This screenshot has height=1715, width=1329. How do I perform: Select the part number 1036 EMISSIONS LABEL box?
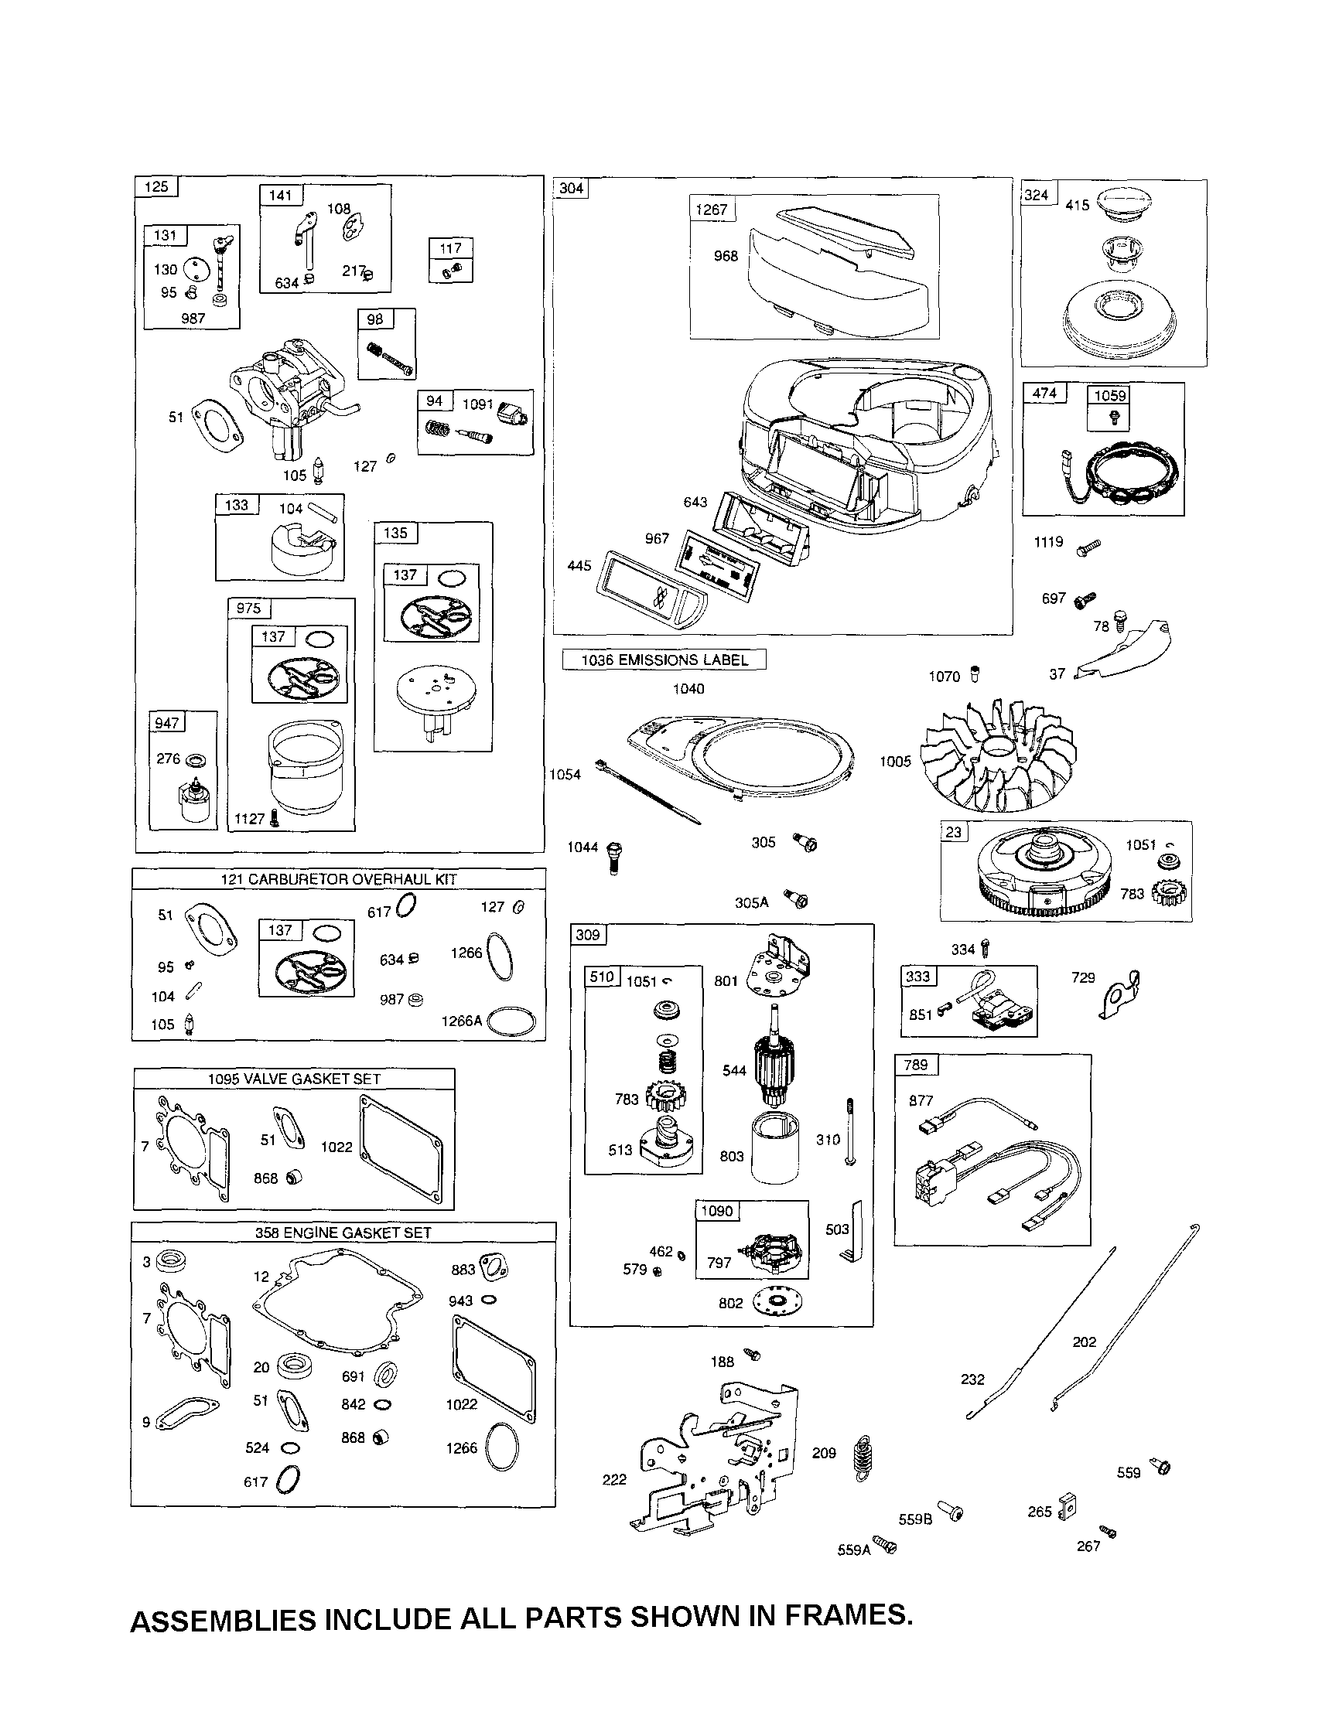coord(664,660)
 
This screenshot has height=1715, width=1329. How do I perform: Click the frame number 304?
coord(571,188)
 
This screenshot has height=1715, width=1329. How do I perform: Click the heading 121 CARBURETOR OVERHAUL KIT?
coord(339,879)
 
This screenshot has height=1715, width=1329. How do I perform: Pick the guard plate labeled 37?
coord(1127,651)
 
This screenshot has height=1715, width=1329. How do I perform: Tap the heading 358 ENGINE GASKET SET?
coord(343,1233)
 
